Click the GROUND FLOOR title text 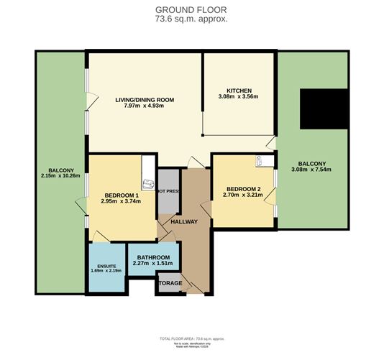[192, 9]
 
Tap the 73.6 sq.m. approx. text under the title [192, 19]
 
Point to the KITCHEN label [238, 91]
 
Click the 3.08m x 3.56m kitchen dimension [238, 98]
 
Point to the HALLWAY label [183, 222]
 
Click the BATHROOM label [153, 257]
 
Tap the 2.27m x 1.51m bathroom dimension [153, 264]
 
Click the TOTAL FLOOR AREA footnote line [192, 338]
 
